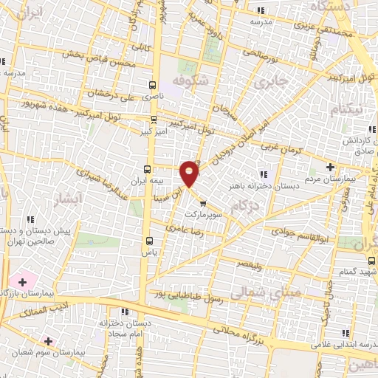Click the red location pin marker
190,173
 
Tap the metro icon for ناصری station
153,85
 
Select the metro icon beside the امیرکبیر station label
154,120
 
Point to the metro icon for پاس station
151,241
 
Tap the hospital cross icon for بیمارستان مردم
329,167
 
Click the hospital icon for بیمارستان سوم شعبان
49,341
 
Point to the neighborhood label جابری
269,83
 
